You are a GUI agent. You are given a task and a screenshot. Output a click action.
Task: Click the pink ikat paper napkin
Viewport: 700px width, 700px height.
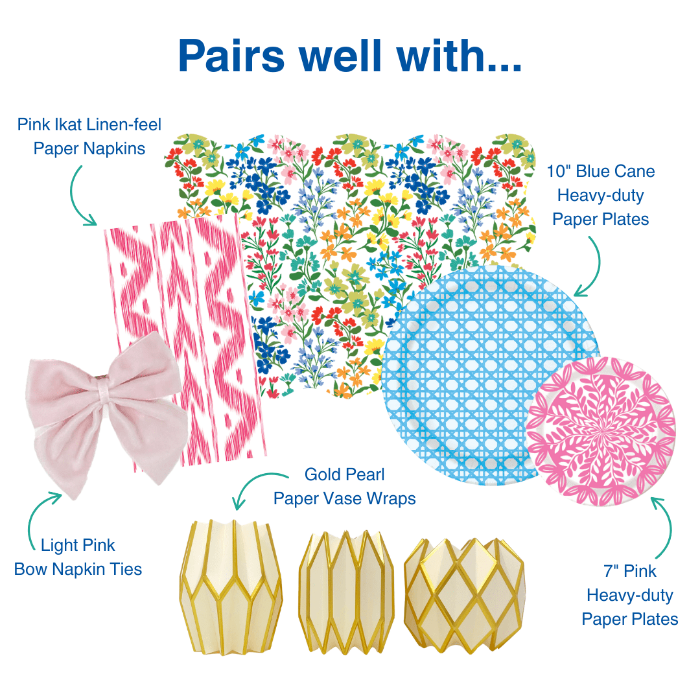194,292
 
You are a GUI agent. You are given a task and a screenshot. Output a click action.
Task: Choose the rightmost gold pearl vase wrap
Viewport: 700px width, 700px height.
464,590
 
